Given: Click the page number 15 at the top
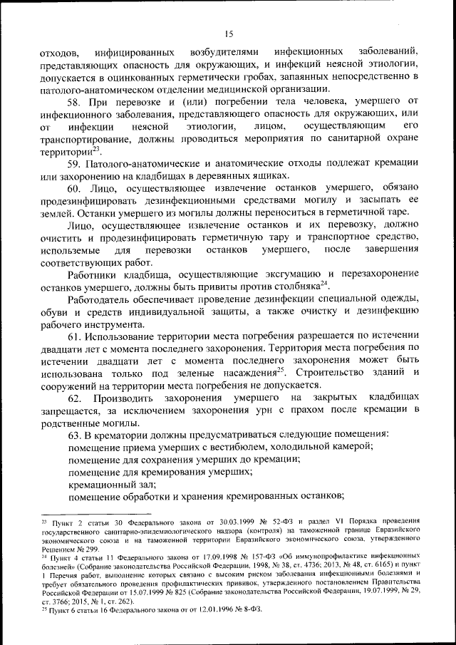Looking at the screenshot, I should (228, 33).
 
